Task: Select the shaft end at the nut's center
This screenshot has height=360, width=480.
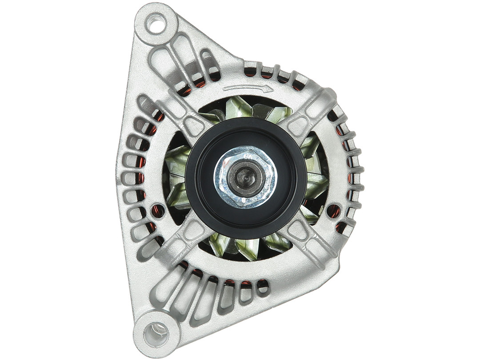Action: click(245, 176)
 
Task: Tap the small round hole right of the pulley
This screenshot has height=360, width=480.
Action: click(333, 211)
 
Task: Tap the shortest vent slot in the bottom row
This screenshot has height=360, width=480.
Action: click(263, 287)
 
